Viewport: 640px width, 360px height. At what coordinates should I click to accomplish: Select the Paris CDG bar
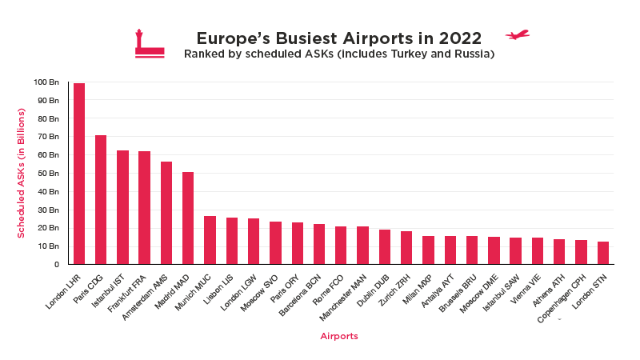[x=101, y=200]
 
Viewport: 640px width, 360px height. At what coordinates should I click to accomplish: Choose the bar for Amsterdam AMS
[x=166, y=213]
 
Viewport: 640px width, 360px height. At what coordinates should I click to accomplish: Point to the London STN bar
[x=603, y=253]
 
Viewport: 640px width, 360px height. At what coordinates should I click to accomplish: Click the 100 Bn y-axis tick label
[x=46, y=82]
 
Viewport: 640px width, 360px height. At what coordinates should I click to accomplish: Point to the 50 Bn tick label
[x=48, y=173]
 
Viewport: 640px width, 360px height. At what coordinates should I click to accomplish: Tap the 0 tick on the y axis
[x=56, y=264]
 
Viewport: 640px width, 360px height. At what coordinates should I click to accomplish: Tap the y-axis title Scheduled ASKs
[x=22, y=173]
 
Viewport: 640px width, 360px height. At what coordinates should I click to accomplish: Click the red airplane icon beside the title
[x=518, y=35]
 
